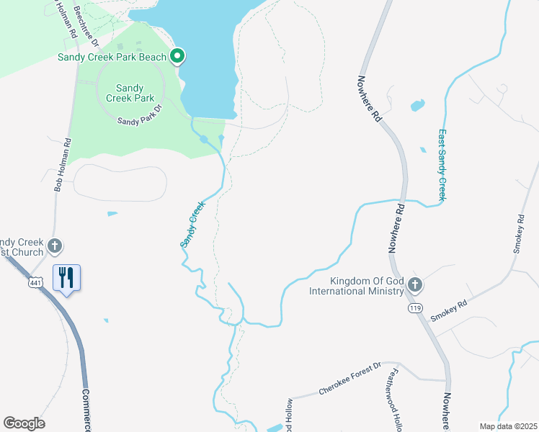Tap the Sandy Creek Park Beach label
coord(112,57)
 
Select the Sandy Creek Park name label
coord(130,93)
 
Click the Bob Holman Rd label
coord(63,164)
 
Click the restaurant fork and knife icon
coord(66,277)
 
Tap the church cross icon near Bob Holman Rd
coord(54,247)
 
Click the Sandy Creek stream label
coord(192,225)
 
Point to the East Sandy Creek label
coord(442,165)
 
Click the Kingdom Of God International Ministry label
coord(356,286)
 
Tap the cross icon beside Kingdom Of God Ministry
coord(414,285)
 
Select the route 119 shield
coord(414,307)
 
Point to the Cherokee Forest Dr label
coord(349,379)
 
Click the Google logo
coord(24,423)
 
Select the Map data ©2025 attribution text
coord(507,426)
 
